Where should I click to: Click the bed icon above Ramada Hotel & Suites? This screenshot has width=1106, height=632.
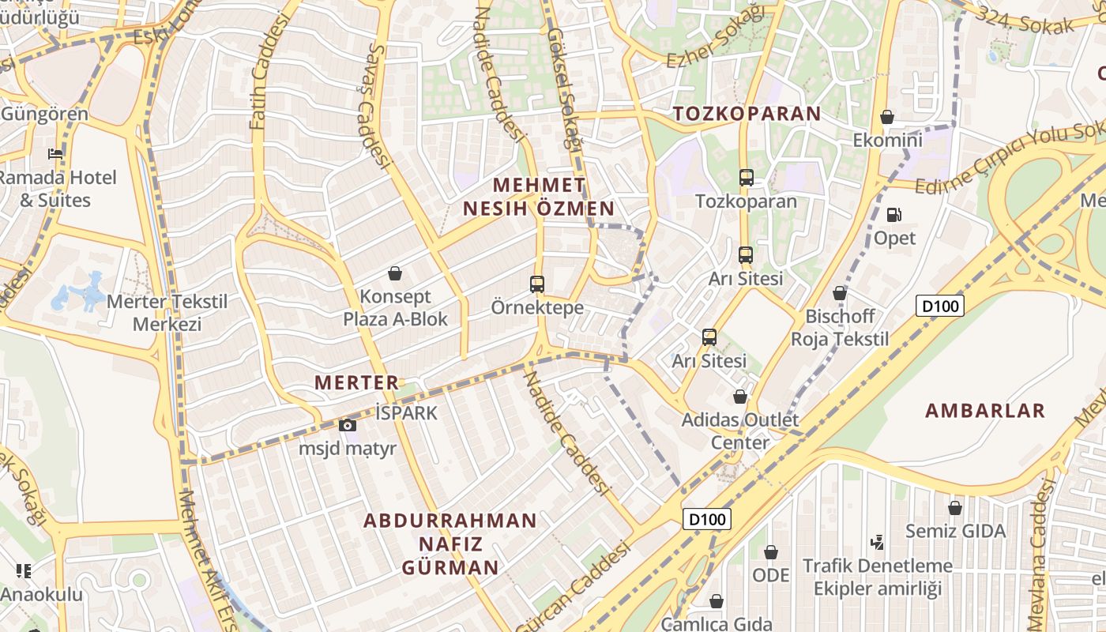pyautogui.click(x=55, y=153)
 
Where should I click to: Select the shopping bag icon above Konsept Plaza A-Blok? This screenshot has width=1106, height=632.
pyautogui.click(x=395, y=274)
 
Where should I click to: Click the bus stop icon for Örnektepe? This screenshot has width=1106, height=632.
pyautogui.click(x=537, y=284)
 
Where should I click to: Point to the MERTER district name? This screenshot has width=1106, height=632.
pyautogui.click(x=357, y=382)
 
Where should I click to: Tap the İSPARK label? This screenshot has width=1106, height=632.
pyautogui.click(x=406, y=412)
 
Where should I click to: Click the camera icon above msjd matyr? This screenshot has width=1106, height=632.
pyautogui.click(x=347, y=426)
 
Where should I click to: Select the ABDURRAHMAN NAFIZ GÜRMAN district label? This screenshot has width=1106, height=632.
pyautogui.click(x=450, y=544)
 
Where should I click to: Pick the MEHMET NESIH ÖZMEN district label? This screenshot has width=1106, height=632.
pyautogui.click(x=539, y=197)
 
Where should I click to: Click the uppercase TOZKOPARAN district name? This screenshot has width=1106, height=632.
pyautogui.click(x=747, y=113)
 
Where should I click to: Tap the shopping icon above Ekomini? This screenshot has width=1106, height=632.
pyautogui.click(x=887, y=118)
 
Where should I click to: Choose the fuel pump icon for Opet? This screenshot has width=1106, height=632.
pyautogui.click(x=894, y=215)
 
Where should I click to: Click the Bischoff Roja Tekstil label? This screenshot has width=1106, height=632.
pyautogui.click(x=840, y=328)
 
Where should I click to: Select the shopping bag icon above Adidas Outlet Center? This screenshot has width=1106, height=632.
pyautogui.click(x=740, y=397)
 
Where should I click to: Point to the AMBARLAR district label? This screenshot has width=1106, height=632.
pyautogui.click(x=985, y=411)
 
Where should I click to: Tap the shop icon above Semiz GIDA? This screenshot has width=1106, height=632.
pyautogui.click(x=955, y=508)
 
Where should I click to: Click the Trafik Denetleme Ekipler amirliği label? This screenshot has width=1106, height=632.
pyautogui.click(x=878, y=577)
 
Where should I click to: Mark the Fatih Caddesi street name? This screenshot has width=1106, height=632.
pyautogui.click(x=269, y=75)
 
